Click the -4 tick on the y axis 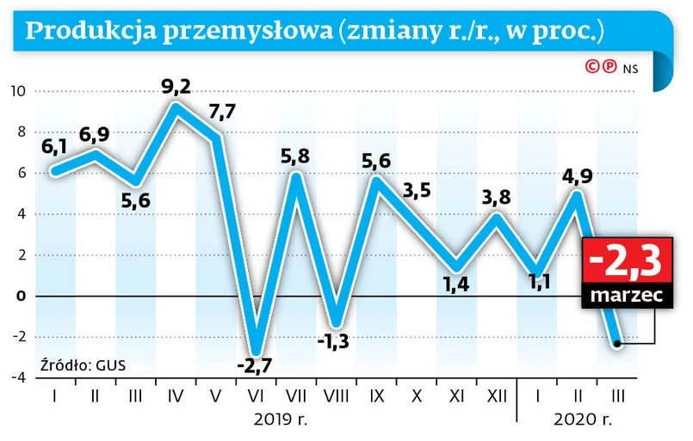[17, 377]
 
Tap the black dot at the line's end [616, 343]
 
